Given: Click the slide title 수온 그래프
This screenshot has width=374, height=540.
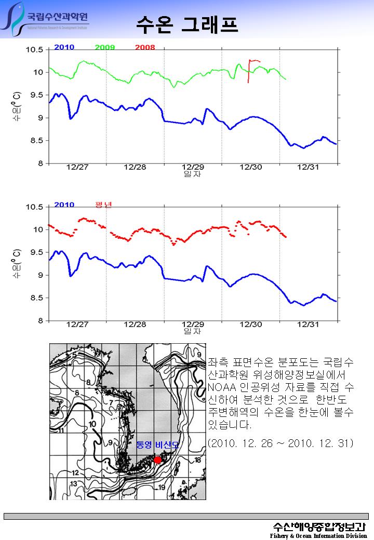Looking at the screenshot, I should point(187,23).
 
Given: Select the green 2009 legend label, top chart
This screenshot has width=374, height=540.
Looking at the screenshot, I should point(105,47).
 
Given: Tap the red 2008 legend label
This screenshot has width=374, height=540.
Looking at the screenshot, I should point(145,47).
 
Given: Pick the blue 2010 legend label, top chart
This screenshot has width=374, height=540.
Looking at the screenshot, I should point(64,47).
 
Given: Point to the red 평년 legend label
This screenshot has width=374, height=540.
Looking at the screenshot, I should point(103,205).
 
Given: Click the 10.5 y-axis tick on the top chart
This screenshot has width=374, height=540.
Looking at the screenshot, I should point(35,50).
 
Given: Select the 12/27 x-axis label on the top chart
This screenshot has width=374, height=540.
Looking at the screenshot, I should point(77,167).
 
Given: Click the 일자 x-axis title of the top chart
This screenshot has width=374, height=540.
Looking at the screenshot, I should point(192,174).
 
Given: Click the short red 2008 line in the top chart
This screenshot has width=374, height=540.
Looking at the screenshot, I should point(250,67).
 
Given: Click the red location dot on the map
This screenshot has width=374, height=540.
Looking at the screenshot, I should point(158,460).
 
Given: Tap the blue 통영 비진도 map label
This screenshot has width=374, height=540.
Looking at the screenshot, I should point(157,445).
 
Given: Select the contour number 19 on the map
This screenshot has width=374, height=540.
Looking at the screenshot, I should point(162,487).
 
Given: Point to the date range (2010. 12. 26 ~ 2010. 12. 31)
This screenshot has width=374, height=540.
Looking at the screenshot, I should point(280,443).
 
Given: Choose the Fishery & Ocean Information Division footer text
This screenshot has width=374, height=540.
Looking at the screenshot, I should point(318,535).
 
